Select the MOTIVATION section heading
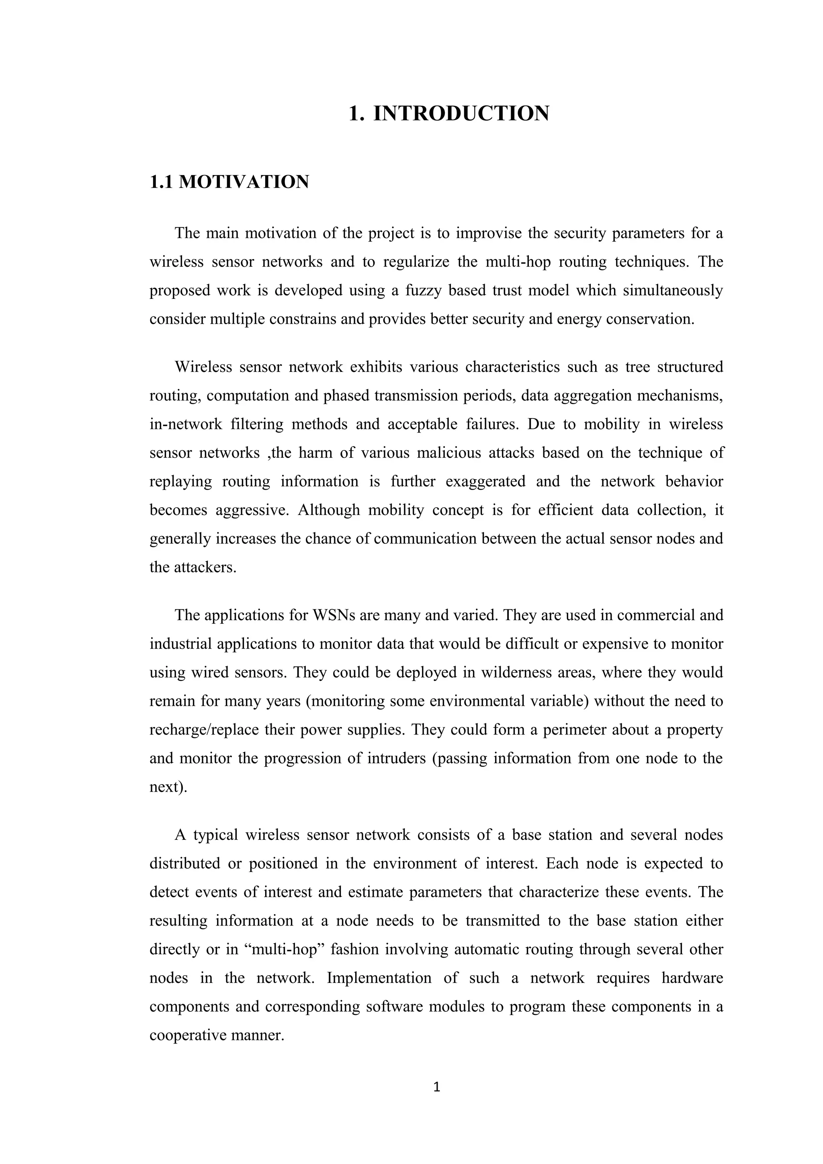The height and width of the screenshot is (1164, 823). (244, 182)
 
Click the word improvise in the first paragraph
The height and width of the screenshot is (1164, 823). (488, 233)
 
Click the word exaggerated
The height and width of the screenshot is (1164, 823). (485, 481)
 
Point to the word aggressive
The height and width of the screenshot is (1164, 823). (252, 510)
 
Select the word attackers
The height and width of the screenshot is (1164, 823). (205, 567)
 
